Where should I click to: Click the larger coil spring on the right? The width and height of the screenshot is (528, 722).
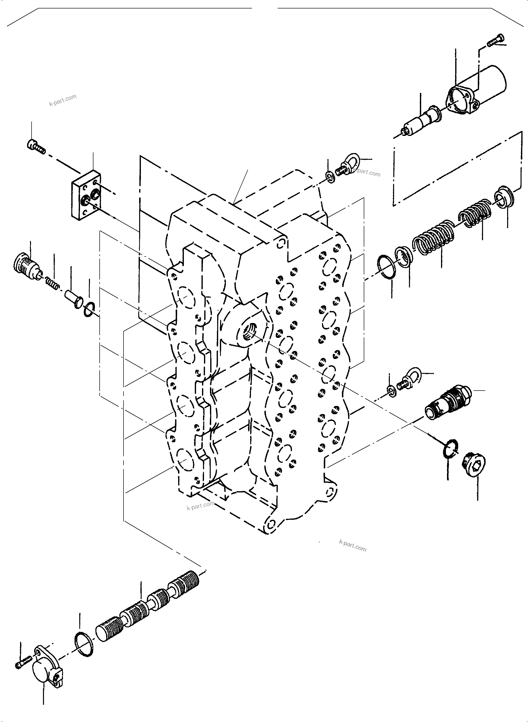click(433, 237)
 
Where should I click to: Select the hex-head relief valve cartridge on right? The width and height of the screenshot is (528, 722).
click(447, 403)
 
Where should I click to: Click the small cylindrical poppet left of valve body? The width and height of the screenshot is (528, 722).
click(74, 298)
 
